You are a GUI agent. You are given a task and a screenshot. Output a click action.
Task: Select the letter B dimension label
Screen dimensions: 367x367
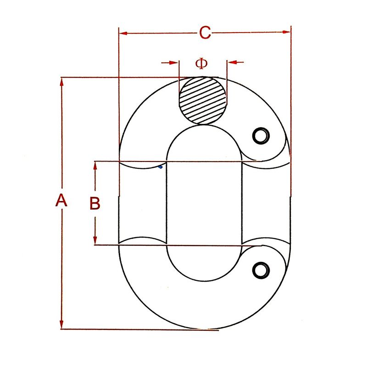95,203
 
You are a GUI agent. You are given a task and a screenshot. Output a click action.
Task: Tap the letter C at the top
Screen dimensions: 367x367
205,33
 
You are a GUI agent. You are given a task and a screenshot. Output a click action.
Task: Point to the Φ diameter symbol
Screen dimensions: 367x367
201,63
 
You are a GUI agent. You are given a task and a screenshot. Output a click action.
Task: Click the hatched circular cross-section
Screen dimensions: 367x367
203,100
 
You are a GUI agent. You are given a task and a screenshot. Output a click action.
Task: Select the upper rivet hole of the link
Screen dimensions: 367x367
261,135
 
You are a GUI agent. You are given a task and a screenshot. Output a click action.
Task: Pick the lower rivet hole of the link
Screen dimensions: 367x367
261,269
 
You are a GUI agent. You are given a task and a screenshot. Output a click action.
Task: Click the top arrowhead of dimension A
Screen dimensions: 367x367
61,81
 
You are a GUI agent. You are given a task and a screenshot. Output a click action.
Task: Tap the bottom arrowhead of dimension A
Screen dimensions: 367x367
61,325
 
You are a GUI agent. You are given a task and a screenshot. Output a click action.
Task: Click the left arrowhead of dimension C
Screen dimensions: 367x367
123,33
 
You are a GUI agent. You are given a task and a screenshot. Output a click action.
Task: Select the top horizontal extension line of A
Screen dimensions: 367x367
119,77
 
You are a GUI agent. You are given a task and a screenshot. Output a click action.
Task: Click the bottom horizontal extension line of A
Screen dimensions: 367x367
138,329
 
